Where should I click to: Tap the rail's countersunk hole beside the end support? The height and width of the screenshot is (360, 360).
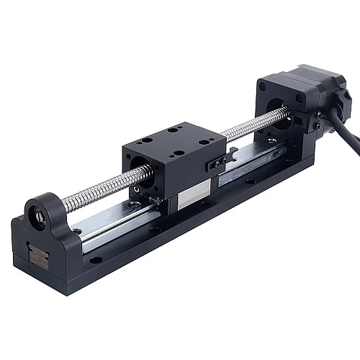(x=76, y=232)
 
